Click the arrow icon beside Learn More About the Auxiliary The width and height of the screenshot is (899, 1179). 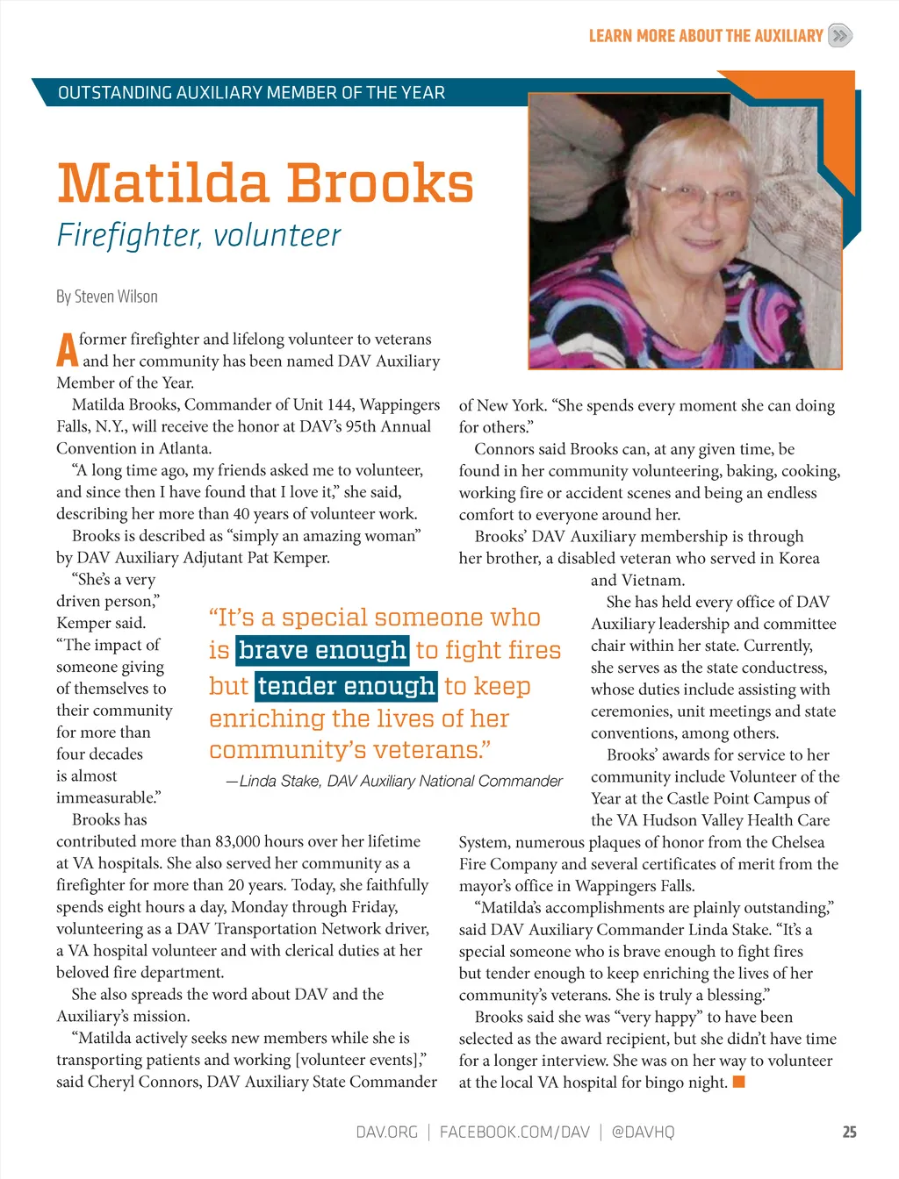click(x=840, y=35)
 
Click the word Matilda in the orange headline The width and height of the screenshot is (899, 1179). click(x=162, y=183)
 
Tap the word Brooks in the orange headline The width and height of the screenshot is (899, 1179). click(x=380, y=183)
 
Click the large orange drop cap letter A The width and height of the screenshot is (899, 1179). click(x=67, y=350)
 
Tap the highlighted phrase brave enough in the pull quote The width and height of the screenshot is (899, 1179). click(x=322, y=650)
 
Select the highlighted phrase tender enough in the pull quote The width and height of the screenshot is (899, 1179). click(x=347, y=686)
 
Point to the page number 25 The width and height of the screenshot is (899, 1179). click(x=849, y=1132)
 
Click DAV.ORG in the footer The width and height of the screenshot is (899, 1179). click(x=386, y=1132)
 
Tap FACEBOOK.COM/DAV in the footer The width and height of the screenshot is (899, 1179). click(x=514, y=1132)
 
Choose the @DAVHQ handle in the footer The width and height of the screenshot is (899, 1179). click(x=643, y=1132)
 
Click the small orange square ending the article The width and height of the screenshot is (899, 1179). click(x=739, y=1082)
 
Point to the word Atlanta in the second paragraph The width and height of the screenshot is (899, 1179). click(x=184, y=448)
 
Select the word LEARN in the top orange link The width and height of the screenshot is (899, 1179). click(x=610, y=36)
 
